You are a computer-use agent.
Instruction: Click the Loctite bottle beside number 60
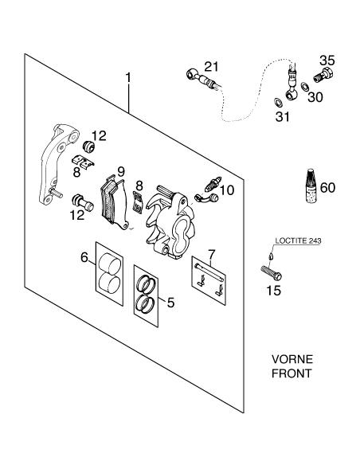[311, 186]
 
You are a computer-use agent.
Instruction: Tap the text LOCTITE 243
[298, 240]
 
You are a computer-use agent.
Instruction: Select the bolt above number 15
[271, 272]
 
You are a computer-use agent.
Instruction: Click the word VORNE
[292, 359]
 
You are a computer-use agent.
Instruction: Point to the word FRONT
[292, 373]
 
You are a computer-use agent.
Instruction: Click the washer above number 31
[278, 102]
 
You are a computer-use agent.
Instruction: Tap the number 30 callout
[315, 96]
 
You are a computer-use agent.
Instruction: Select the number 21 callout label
[211, 66]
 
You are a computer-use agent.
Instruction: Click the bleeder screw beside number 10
[213, 183]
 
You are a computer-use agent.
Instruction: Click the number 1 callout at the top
[128, 78]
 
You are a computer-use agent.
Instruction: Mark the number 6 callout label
[84, 257]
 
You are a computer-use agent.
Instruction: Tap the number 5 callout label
[170, 303]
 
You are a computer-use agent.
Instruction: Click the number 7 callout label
[211, 255]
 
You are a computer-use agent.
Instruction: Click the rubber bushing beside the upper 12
[88, 147]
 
